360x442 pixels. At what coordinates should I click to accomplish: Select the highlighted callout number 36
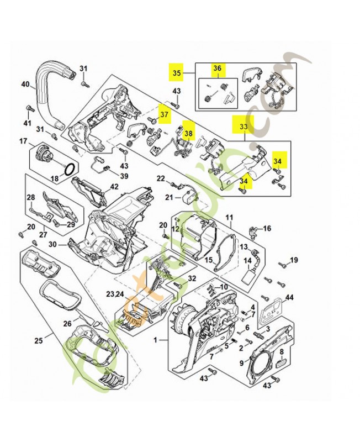coord(217,69)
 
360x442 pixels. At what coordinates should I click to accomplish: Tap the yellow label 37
coord(164,114)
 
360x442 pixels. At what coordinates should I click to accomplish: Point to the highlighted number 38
coord(189,133)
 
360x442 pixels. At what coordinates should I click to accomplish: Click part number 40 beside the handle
coord(25,85)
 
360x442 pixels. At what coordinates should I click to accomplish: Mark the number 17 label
coord(23,142)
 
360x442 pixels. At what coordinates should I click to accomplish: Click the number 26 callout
coord(67,323)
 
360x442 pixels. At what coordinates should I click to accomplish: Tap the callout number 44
coord(289,298)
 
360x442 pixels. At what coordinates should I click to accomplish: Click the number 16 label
coord(267,228)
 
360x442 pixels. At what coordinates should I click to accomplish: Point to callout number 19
coord(294,260)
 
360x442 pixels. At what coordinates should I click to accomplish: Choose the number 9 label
coord(241,362)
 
